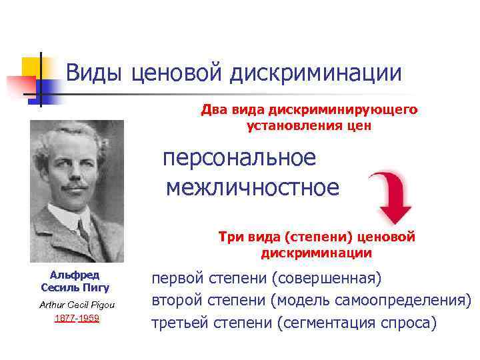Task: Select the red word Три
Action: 230,237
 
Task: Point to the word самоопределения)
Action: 407,300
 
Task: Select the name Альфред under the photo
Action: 75,275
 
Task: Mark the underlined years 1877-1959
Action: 76,318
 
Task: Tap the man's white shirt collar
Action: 67,223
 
